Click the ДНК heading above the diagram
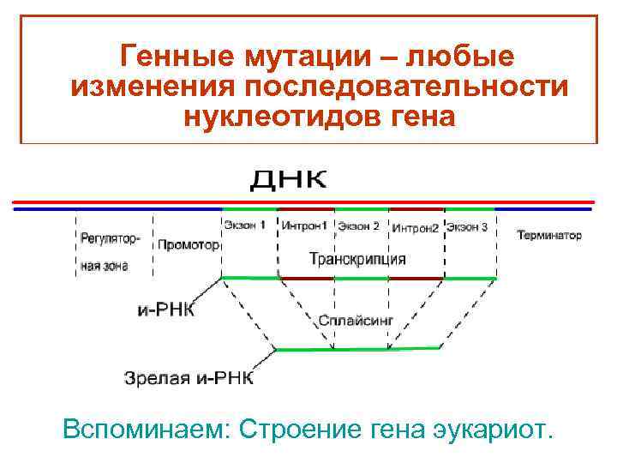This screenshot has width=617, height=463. (288, 180)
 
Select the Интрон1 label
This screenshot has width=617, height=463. (305, 227)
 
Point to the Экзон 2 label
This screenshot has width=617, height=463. (359, 227)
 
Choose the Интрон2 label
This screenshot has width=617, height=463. (416, 229)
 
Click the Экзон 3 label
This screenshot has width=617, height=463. (467, 227)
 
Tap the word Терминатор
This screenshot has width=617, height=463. (549, 235)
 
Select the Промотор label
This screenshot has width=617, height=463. (189, 244)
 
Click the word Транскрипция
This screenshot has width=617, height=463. (357, 258)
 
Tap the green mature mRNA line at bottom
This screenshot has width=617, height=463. (358, 349)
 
